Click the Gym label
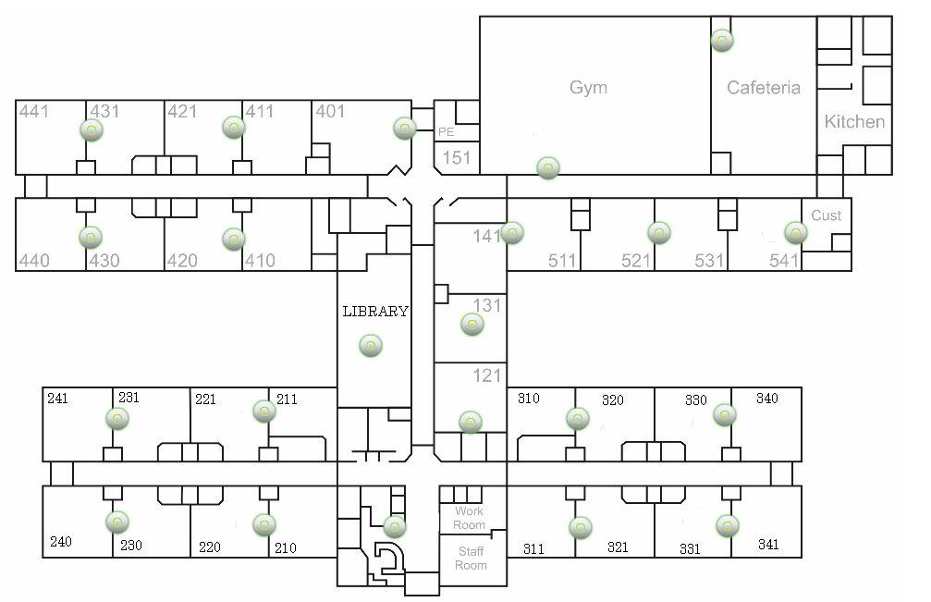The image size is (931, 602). [588, 88]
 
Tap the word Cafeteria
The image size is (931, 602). [763, 88]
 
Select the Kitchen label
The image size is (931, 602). [854, 121]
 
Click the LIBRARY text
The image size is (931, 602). [374, 312]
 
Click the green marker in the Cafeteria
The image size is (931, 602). [722, 41]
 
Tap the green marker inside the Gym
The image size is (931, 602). [548, 167]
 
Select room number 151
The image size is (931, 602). [457, 158]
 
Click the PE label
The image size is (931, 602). [446, 132]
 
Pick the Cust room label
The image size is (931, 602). [826, 215]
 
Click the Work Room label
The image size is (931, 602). [470, 518]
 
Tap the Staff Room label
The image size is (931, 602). [471, 559]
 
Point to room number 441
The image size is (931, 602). [34, 112]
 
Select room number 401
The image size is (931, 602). [330, 112]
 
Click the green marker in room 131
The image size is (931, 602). [472, 325]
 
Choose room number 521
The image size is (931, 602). [636, 261]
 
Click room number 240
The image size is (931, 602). [60, 542]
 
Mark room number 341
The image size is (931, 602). [767, 544]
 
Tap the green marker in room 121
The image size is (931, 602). [471, 422]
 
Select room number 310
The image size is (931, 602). [528, 399]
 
